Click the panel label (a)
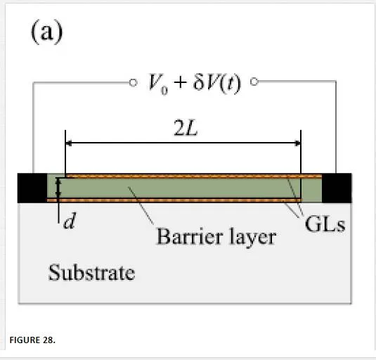[x=47, y=32]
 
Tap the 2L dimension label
[x=186, y=128]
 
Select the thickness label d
[x=70, y=221]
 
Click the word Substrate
[x=91, y=272]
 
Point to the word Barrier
[x=189, y=236]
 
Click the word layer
[x=252, y=238]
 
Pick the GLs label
[x=325, y=224]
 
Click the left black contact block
[x=32, y=188]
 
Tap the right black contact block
[x=337, y=188]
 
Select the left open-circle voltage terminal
[x=133, y=83]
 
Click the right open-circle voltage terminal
[x=254, y=82]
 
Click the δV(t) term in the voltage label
[x=216, y=84]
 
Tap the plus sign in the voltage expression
[x=181, y=83]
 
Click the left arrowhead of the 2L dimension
[x=68, y=143]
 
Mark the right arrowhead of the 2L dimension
[x=298, y=143]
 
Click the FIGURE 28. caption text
[x=32, y=340]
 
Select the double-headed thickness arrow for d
[x=58, y=188]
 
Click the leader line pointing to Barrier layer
[x=141, y=205]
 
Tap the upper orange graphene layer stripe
[x=184, y=176]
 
